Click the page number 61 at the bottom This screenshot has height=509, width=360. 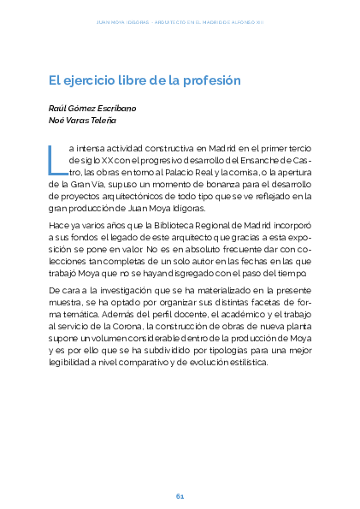tap(180, 496)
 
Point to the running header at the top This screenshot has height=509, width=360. tap(180, 23)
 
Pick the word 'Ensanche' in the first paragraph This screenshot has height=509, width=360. tap(272, 160)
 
